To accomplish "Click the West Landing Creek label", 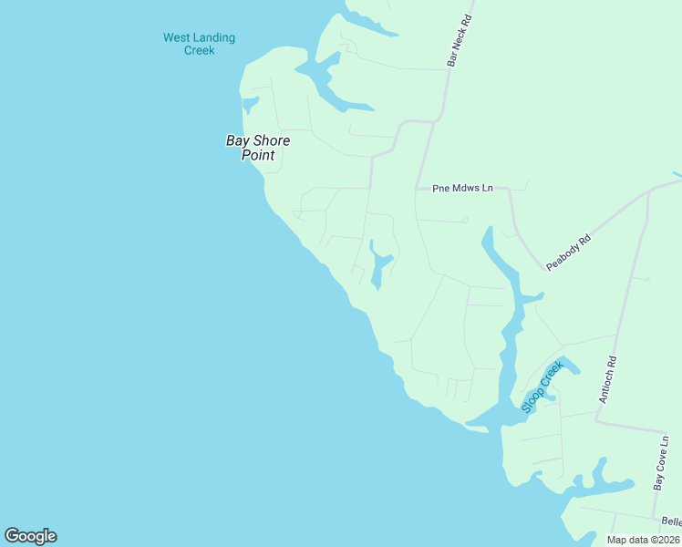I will point(199,44).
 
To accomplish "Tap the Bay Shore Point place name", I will point(258,148).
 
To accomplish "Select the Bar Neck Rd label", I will point(459,41).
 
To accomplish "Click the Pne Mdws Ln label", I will point(462,188).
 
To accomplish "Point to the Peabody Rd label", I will point(569,252).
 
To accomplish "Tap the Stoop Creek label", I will point(542,387).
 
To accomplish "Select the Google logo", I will point(30,536).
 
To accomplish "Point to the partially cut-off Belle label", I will point(671,521).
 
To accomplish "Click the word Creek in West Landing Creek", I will point(199,51).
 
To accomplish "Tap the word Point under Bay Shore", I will point(258,156).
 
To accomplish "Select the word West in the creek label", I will point(176,37).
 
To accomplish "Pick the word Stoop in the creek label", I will point(532,397).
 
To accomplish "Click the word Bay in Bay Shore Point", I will point(236,140).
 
